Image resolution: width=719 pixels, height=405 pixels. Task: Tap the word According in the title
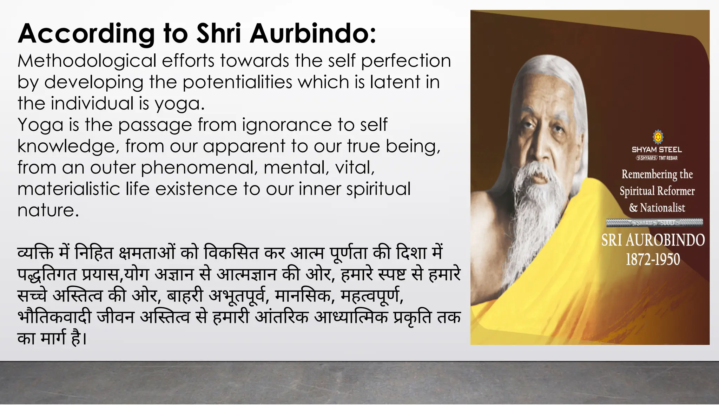(86, 34)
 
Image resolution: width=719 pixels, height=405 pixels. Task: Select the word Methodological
(87, 61)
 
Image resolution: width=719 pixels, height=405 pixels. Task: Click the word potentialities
(237, 82)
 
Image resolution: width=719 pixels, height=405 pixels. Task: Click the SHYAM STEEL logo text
(657, 150)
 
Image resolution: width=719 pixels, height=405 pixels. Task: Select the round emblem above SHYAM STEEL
(658, 136)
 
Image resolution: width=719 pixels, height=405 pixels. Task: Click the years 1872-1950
(653, 259)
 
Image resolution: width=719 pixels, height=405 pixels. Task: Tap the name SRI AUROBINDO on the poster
(653, 240)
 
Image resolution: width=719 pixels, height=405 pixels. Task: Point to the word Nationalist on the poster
(662, 208)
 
